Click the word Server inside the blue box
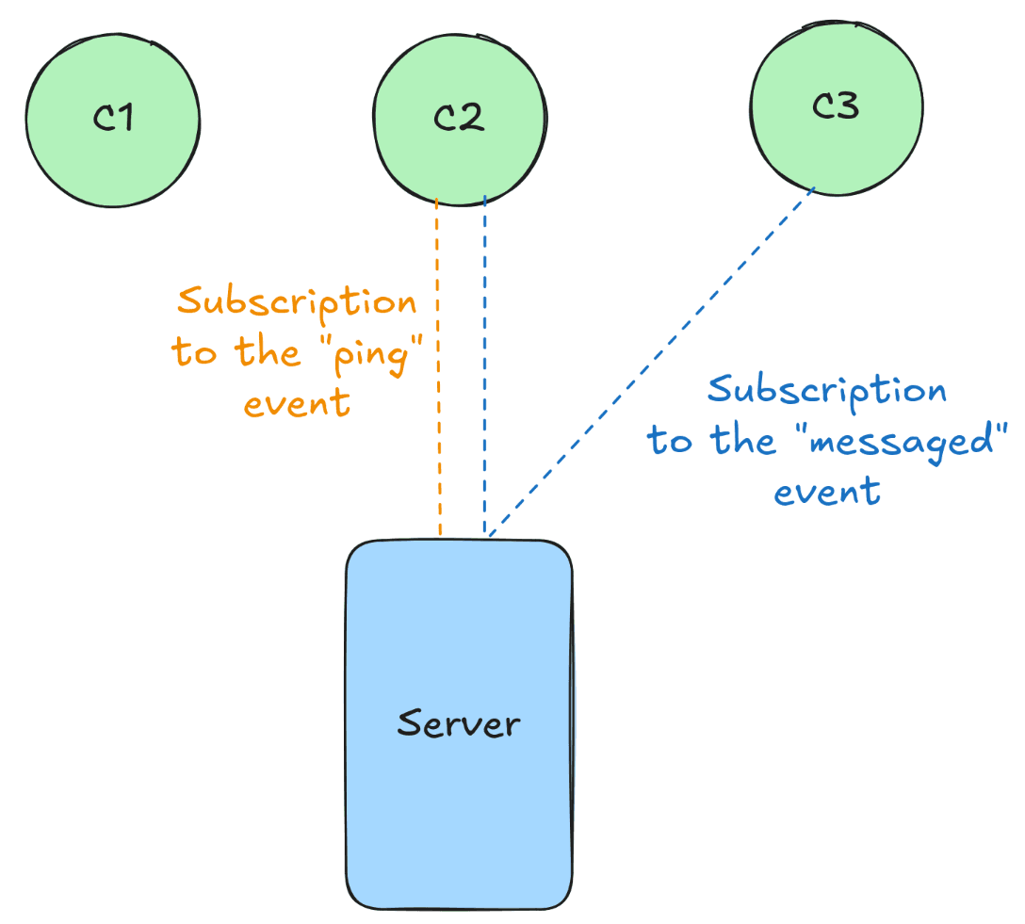click(x=459, y=724)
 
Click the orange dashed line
click(x=438, y=452)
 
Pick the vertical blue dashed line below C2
click(x=484, y=377)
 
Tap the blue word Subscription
click(x=826, y=389)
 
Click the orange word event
click(x=297, y=403)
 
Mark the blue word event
click(x=827, y=492)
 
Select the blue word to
click(x=669, y=441)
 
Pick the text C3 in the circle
click(x=835, y=107)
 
